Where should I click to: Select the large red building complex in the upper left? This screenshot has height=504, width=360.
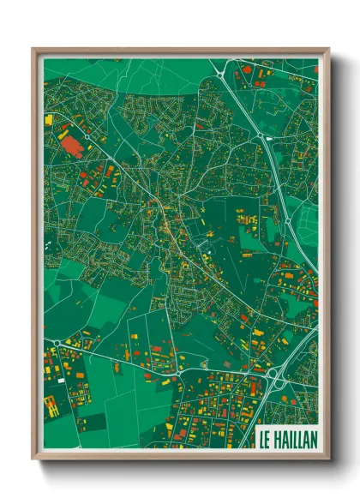tap(71, 142)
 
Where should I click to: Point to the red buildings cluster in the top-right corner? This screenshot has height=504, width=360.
tap(257, 69)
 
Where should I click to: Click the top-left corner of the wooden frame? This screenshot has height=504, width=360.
tap(33, 49)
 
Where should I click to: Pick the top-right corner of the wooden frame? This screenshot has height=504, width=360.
tap(329, 49)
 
